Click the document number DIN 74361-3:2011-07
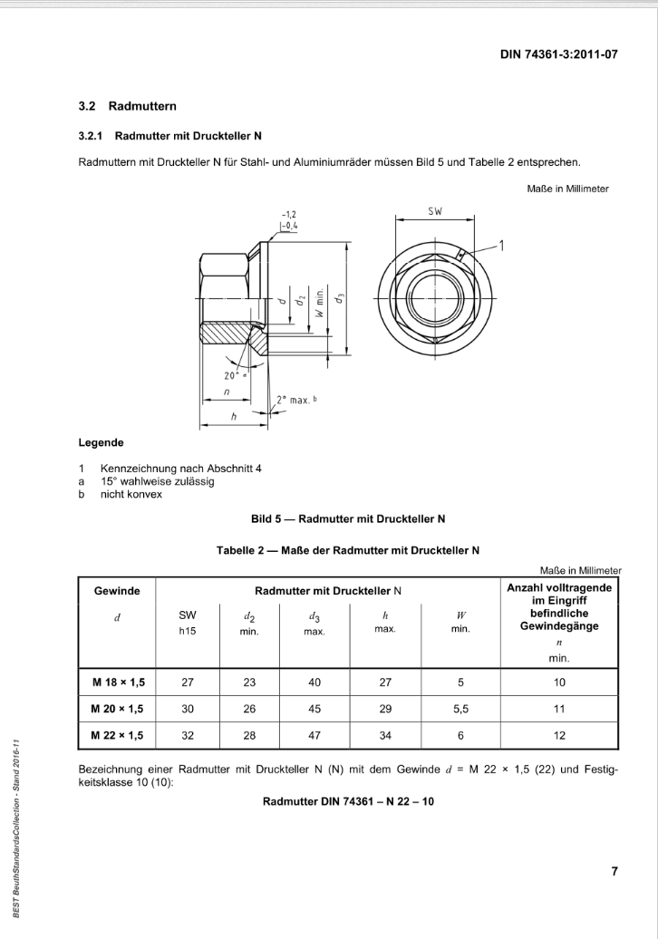[x=558, y=54]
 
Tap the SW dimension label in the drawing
[x=434, y=210]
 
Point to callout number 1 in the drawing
[x=502, y=244]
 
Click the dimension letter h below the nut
[x=234, y=418]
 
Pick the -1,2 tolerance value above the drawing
[x=289, y=214]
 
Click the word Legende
[x=102, y=443]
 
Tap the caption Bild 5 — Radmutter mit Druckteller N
[x=348, y=519]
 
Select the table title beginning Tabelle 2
[x=348, y=549]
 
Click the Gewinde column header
[x=117, y=590]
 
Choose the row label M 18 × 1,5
[x=118, y=682]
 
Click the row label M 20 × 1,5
[x=118, y=709]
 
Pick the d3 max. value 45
[x=314, y=709]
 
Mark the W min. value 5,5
[x=460, y=709]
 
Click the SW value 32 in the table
[x=188, y=735]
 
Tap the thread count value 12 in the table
[x=559, y=735]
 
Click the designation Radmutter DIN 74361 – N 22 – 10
[x=348, y=802]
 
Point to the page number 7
[x=614, y=872]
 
